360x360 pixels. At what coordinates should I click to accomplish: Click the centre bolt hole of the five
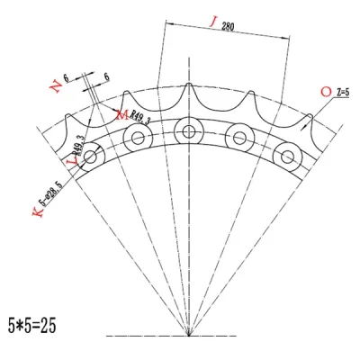pyautogui.click(x=188, y=130)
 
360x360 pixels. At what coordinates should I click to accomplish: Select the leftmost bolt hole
pyautogui.click(x=91, y=157)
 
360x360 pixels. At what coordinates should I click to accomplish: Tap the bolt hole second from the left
pyautogui.click(x=138, y=138)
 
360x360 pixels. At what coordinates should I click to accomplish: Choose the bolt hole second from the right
pyautogui.click(x=238, y=138)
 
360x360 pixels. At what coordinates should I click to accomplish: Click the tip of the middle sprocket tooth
pyautogui.click(x=188, y=87)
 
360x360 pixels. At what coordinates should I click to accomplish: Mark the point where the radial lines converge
pyautogui.click(x=188, y=335)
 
